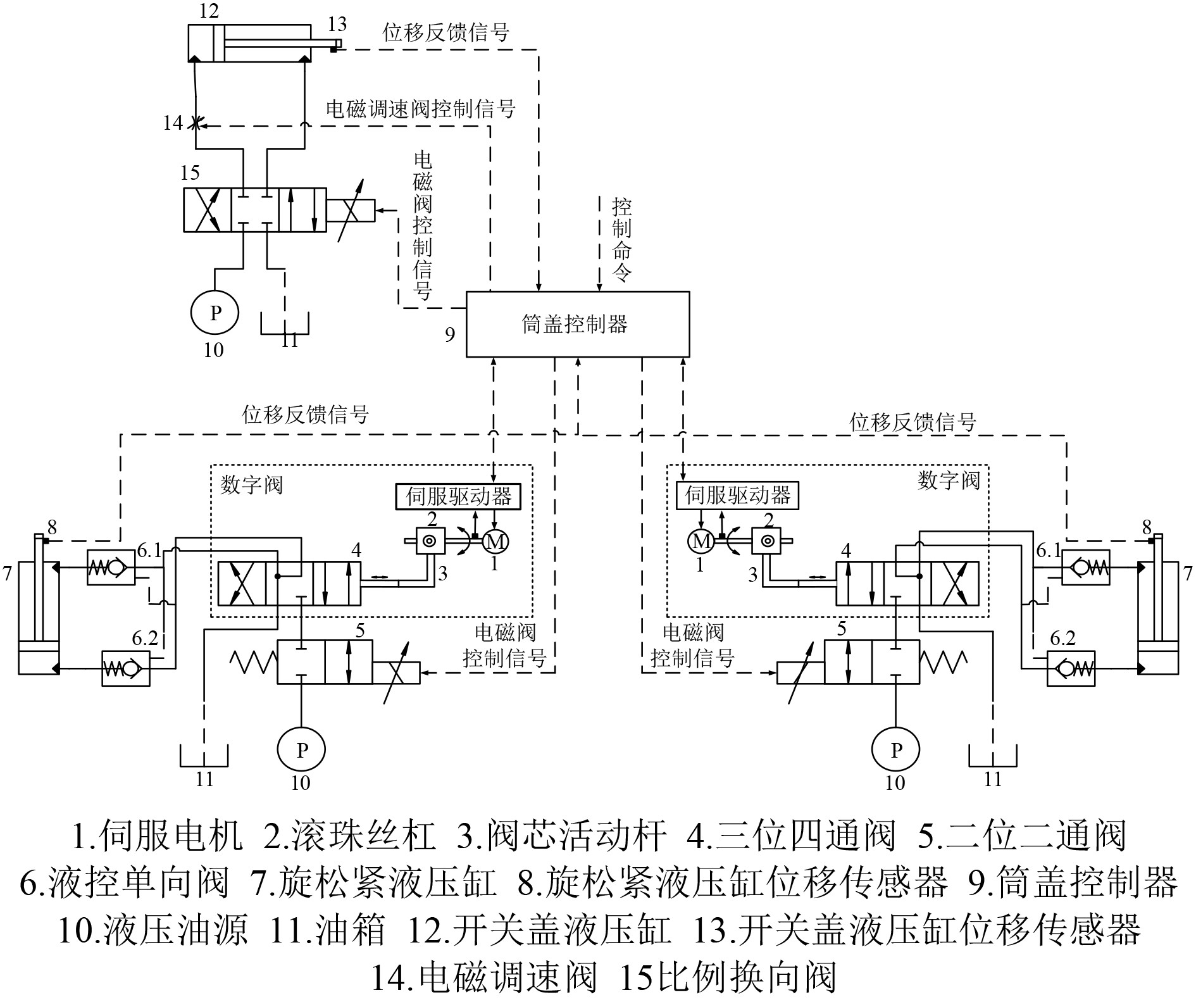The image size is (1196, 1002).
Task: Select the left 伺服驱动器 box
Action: (x=459, y=496)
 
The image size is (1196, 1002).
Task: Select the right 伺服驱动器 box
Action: (x=737, y=495)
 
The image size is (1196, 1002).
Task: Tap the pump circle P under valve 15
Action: (x=215, y=312)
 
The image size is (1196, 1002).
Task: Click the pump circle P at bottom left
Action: (x=301, y=749)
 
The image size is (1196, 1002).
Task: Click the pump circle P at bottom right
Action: (x=895, y=749)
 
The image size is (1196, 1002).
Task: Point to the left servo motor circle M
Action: (x=495, y=541)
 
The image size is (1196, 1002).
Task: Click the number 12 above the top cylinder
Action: (x=208, y=11)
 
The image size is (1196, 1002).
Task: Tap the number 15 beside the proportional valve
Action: (x=190, y=172)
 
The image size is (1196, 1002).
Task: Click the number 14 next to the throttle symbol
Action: (x=173, y=122)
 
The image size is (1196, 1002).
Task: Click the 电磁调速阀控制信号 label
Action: (x=421, y=109)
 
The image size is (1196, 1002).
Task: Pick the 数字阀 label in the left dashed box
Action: (x=251, y=485)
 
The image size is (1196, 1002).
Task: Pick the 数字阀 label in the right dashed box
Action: (x=948, y=480)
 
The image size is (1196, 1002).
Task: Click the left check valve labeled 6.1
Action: (x=111, y=568)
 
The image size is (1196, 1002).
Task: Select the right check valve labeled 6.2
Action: (x=1071, y=668)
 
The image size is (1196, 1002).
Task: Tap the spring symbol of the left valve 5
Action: (x=252, y=661)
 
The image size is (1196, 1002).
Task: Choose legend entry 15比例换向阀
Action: (x=728, y=977)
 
